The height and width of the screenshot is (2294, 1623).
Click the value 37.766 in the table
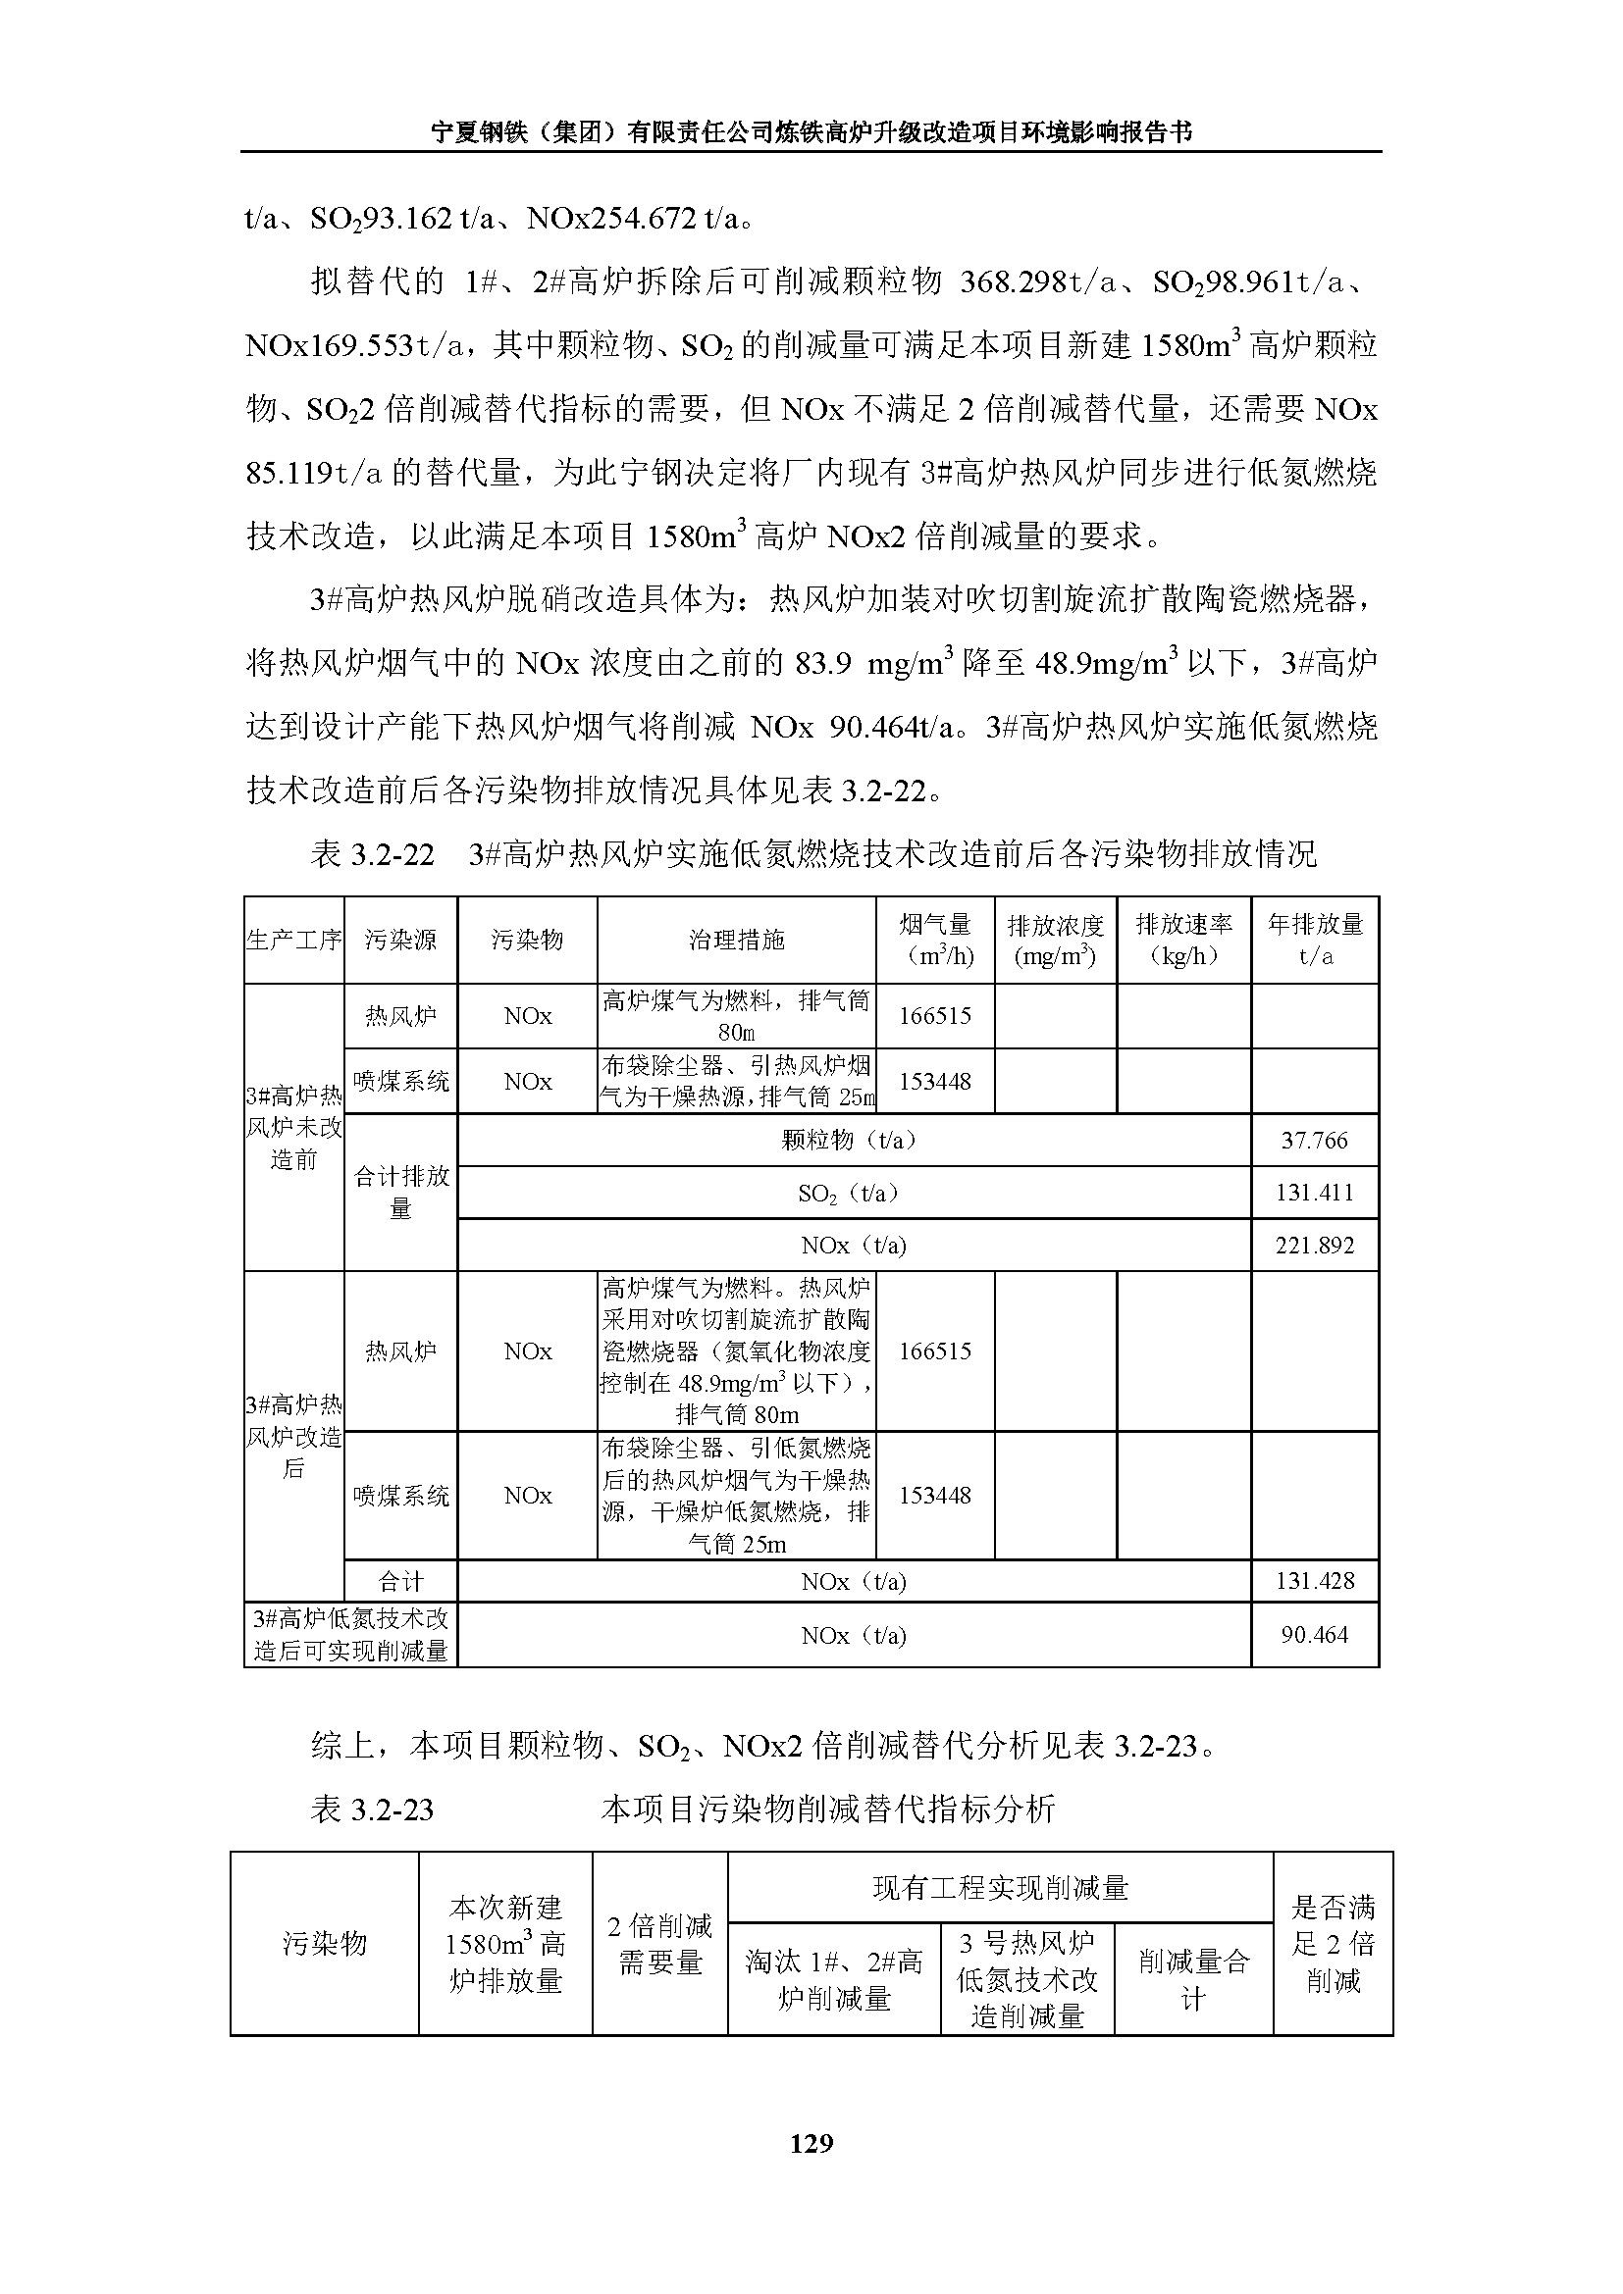point(1314,1140)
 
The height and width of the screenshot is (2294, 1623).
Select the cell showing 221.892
point(1314,1245)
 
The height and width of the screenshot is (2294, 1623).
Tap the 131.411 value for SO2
point(1314,1192)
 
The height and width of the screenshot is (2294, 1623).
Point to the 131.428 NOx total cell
point(1314,1581)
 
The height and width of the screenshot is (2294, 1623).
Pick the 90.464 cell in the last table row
point(1314,1635)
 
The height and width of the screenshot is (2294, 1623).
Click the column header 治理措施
point(737,940)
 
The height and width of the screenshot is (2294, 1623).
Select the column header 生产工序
point(293,940)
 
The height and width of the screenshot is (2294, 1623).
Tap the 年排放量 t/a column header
point(1314,940)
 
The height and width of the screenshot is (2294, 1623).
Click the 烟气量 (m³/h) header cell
point(934,940)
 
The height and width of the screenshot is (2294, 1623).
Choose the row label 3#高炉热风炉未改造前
point(293,1127)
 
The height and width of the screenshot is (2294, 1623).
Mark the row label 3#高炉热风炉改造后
point(293,1437)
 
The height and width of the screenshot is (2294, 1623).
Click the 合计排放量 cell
point(400,1192)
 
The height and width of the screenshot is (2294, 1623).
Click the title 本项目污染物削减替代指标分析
point(827,1810)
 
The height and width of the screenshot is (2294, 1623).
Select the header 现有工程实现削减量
point(1000,1887)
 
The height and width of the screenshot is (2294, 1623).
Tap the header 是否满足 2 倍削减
point(1334,1943)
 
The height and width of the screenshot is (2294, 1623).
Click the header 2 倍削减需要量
point(659,1943)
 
